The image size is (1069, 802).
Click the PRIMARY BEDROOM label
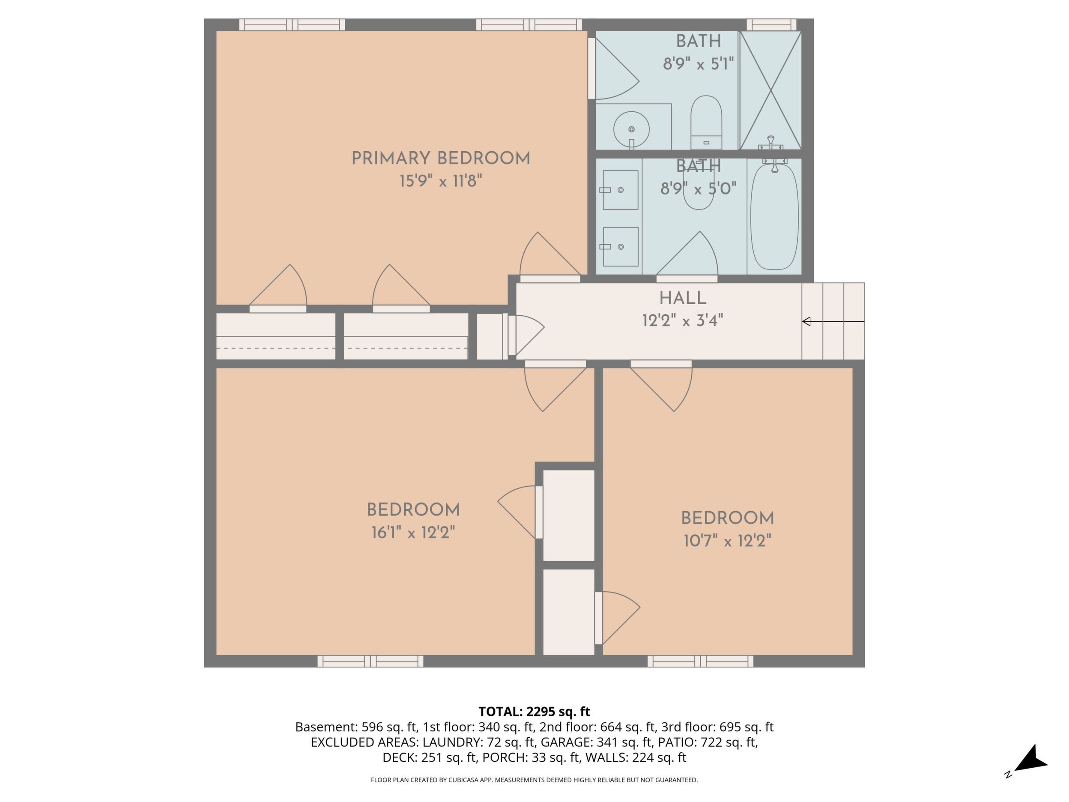(441, 159)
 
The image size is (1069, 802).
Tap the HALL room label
(683, 298)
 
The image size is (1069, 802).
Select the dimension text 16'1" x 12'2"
(413, 533)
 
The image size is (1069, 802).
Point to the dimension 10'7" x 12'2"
(727, 541)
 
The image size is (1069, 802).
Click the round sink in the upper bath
(631, 129)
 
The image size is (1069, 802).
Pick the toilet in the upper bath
(706, 123)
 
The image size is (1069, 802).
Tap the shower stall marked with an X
(771, 90)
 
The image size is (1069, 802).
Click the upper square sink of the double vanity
(620, 190)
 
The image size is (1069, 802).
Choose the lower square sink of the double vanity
(620, 246)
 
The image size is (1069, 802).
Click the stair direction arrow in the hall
(833, 321)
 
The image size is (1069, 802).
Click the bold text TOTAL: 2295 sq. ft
(534, 712)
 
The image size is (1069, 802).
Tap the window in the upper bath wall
(771, 25)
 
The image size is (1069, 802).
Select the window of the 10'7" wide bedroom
(700, 661)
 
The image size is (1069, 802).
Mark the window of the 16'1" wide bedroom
(370, 661)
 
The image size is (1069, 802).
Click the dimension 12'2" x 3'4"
(682, 320)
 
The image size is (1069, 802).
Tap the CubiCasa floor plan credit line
(534, 780)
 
